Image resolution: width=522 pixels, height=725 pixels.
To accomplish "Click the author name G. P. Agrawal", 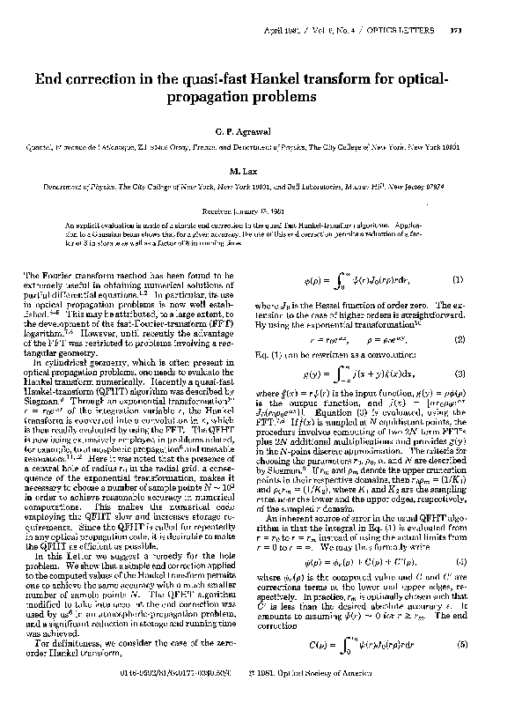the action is click(261, 129).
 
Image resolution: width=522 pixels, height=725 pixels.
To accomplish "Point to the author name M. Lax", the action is click(261, 171).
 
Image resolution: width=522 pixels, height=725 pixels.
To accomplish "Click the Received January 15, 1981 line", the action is click(261, 211).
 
